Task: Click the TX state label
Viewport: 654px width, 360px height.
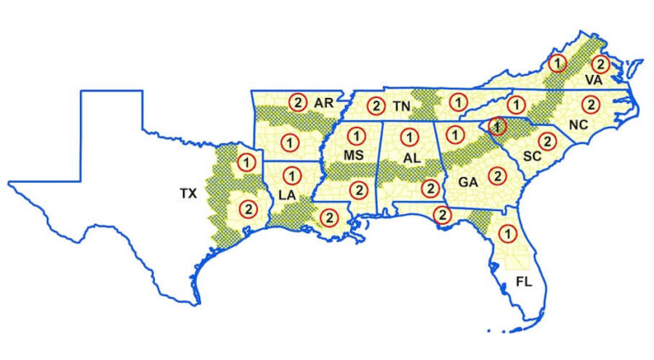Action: (x=188, y=194)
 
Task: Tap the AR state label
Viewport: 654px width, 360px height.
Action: (x=323, y=103)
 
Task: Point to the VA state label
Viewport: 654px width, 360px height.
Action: (x=594, y=79)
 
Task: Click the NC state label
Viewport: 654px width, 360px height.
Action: (x=578, y=124)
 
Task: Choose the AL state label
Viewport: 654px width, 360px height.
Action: (x=412, y=159)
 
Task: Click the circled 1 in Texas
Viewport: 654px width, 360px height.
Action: (x=246, y=161)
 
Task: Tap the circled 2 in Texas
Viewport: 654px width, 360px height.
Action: (x=247, y=208)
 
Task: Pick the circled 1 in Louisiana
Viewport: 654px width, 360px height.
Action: (x=290, y=175)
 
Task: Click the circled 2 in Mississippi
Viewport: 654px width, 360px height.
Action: (x=358, y=189)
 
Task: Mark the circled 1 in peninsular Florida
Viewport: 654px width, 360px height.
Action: (x=508, y=231)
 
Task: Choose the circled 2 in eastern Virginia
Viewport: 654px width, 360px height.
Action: (x=599, y=63)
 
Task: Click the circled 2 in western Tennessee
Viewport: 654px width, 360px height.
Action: (x=376, y=106)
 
